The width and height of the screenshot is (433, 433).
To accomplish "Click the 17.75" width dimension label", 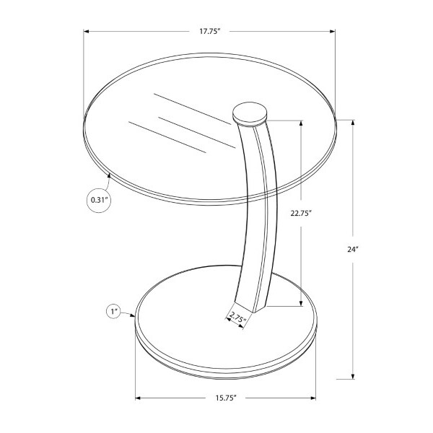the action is click(x=209, y=31).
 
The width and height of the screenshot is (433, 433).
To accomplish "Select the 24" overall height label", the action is click(x=353, y=250).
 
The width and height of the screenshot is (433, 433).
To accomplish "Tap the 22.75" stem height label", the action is click(x=301, y=213).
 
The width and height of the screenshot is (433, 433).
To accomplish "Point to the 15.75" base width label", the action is click(x=226, y=398).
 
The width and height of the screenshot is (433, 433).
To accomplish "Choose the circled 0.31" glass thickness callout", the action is click(x=99, y=200).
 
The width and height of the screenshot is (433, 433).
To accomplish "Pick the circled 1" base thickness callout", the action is click(x=114, y=312).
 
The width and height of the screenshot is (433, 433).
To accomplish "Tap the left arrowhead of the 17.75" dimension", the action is click(x=86, y=32).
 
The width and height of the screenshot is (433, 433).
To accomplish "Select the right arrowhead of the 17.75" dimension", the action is click(x=333, y=32).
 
